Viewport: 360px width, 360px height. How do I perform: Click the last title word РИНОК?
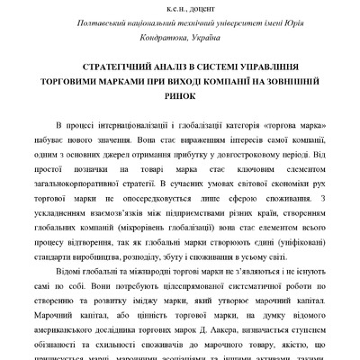pos(181,94)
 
